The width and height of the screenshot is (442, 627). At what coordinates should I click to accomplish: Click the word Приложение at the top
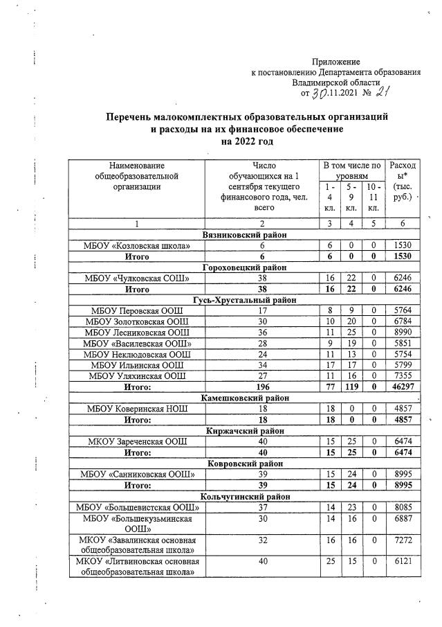tap(336, 62)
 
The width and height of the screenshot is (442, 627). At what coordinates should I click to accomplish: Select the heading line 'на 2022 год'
tap(246, 141)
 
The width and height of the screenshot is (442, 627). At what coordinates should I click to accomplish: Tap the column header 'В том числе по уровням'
tap(352, 171)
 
